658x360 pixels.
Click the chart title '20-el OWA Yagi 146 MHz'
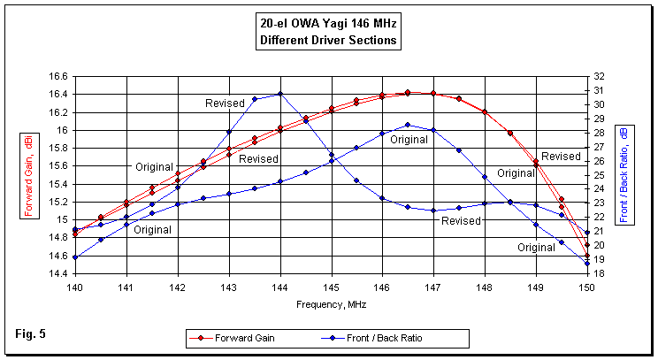(x=328, y=25)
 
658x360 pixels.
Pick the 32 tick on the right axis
(x=599, y=76)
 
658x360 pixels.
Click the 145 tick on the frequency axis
(x=330, y=287)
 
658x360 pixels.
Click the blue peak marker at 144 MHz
(x=279, y=94)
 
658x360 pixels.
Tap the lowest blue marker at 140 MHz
(x=74, y=257)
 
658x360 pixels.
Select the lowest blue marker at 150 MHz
(x=586, y=263)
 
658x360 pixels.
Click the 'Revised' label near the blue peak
(x=225, y=103)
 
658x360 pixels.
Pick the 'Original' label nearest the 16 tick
(x=155, y=166)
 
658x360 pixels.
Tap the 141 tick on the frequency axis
(x=126, y=287)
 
